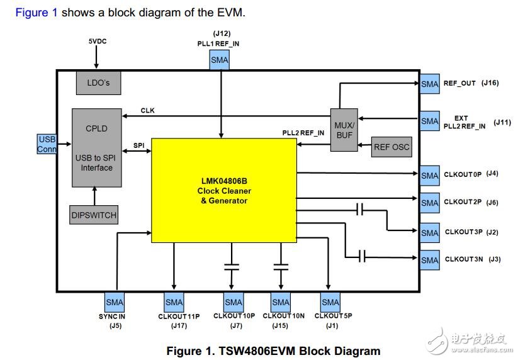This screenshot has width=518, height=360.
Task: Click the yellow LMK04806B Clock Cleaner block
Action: pyautogui.click(x=223, y=191)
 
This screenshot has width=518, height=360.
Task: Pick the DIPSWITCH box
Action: pyautogui.click(x=93, y=215)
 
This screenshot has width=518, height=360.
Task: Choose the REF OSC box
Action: pyautogui.click(x=391, y=147)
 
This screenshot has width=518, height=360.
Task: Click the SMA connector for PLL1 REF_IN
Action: pyautogui.click(x=220, y=60)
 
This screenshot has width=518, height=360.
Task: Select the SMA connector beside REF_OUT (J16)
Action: pyautogui.click(x=430, y=84)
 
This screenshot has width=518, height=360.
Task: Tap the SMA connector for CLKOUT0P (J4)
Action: pyautogui.click(x=430, y=175)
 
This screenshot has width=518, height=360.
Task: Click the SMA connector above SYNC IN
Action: pyautogui.click(x=115, y=302)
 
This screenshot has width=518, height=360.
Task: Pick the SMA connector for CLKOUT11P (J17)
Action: pyautogui.click(x=174, y=302)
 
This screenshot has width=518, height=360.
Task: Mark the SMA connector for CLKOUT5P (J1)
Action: pyautogui.click(x=330, y=302)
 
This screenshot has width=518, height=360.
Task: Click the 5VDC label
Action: pyautogui.click(x=98, y=42)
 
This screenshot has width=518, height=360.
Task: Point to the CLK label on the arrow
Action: pyautogui.click(x=147, y=111)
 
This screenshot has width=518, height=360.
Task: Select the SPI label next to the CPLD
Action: pyautogui.click(x=139, y=145)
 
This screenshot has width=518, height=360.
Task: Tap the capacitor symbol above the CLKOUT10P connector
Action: pyautogui.click(x=232, y=266)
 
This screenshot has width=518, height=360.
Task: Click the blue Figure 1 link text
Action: pyautogui.click(x=37, y=13)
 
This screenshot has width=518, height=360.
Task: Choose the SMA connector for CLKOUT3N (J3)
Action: pyautogui.click(x=430, y=260)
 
